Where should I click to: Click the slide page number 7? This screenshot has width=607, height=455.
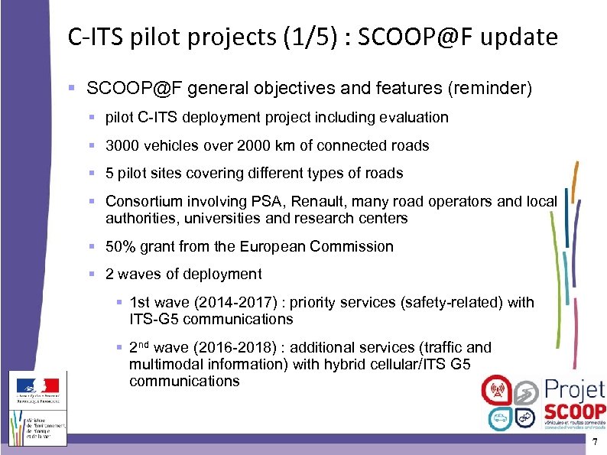(x=593, y=445)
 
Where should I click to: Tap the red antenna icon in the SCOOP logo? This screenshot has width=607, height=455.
(x=495, y=390)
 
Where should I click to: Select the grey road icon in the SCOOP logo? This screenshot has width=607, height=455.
(x=524, y=392)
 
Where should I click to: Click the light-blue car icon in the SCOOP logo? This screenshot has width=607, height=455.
(x=499, y=417)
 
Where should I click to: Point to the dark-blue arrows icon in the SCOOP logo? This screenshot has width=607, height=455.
(x=524, y=417)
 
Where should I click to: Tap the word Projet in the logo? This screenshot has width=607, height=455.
(x=574, y=389)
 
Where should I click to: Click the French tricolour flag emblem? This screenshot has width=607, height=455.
(x=39, y=388)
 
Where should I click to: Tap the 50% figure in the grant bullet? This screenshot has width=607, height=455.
(x=122, y=246)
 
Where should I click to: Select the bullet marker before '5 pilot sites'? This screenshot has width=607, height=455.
(x=91, y=173)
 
